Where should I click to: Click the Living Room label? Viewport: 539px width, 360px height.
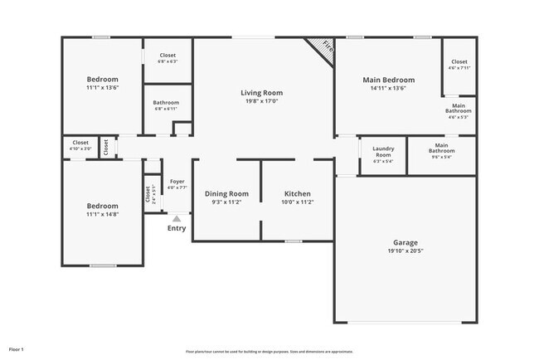261,93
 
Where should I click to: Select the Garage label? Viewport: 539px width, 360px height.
405,243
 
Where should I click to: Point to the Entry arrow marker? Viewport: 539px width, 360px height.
176,218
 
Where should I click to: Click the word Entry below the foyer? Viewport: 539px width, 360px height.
177,228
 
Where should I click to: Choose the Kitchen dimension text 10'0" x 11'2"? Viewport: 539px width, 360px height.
297,202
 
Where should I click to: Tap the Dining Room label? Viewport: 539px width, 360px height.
226,193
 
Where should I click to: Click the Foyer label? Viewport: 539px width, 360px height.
177,181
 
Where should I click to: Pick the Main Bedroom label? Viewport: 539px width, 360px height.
388,80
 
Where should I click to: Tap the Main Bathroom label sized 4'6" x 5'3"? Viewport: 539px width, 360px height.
459,107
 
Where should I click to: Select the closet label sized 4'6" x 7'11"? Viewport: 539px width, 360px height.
459,62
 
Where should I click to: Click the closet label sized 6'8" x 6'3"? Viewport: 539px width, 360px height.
168,56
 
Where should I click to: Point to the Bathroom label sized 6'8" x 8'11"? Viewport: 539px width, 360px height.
166,104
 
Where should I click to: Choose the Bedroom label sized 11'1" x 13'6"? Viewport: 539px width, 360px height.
103,80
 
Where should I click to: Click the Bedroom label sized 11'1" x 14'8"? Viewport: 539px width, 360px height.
103,206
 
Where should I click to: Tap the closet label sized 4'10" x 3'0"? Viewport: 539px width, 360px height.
80,143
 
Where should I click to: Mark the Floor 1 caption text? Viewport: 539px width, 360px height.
17,349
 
